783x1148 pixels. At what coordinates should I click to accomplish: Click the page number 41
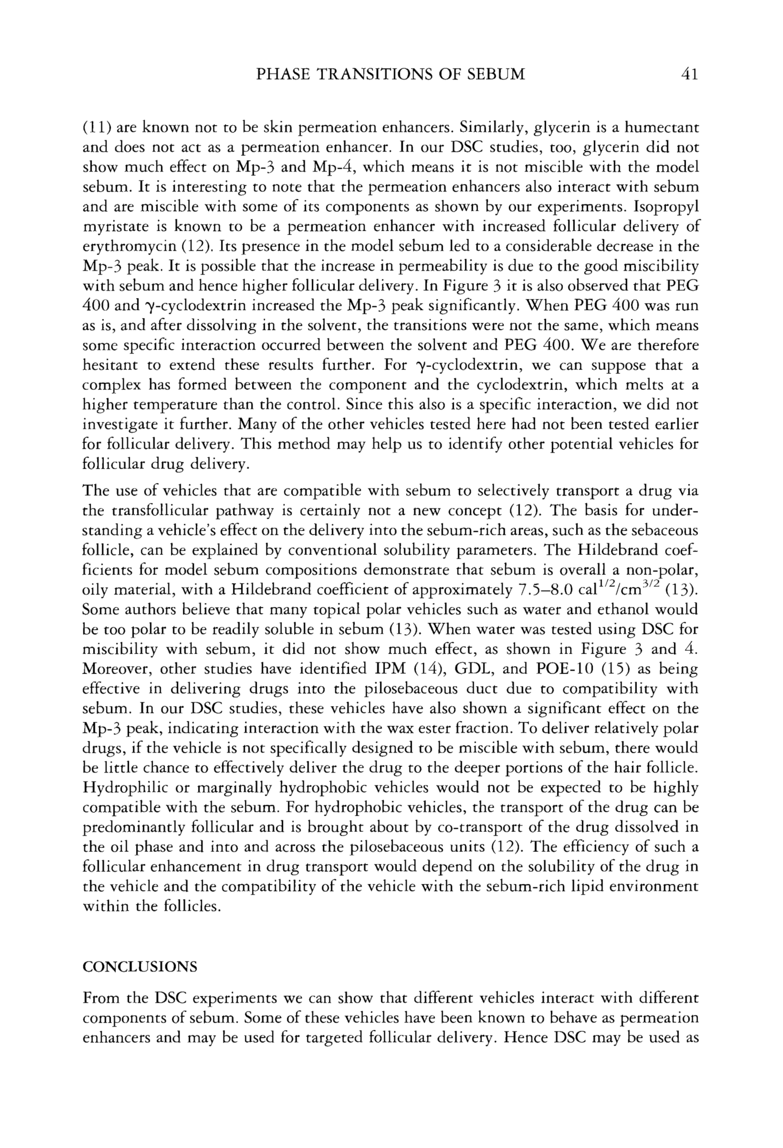pyautogui.click(x=689, y=74)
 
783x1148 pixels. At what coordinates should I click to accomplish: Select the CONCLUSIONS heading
pyautogui.click(x=140, y=967)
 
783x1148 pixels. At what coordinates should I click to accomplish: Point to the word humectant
pyautogui.click(x=662, y=128)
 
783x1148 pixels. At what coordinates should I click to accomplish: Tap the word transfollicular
pyautogui.click(x=163, y=511)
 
